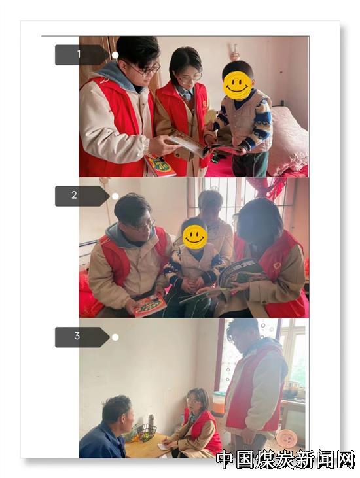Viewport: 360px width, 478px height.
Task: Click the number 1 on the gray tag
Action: point(79,54)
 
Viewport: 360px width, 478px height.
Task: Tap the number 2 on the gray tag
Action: point(74,195)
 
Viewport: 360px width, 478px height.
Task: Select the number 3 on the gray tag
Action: point(77,336)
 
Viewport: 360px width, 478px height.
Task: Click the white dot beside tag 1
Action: point(115,55)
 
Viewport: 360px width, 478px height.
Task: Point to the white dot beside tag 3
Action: point(115,337)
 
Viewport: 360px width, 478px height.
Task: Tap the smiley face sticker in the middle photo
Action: point(195,237)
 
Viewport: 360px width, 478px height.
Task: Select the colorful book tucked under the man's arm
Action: point(159,165)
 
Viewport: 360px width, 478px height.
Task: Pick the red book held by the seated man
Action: point(149,305)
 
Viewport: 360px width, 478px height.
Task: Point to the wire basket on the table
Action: point(147,432)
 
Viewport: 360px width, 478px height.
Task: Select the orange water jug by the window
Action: point(219,403)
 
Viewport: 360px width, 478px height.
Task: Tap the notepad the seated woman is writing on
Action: point(164,446)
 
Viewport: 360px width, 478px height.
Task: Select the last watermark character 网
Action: point(345,459)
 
